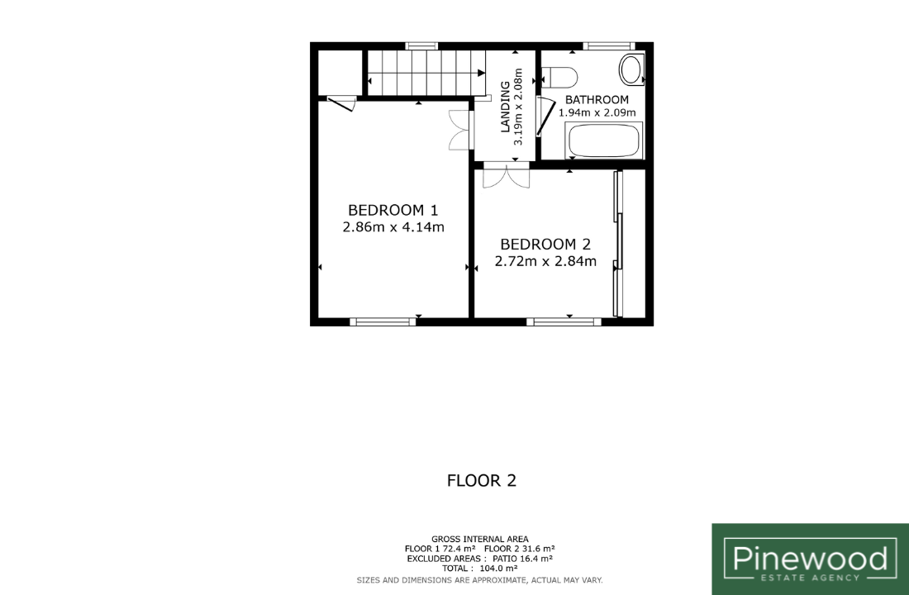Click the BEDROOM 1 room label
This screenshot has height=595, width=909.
point(393,210)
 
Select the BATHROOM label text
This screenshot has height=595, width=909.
point(597,100)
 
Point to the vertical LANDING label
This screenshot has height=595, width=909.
point(505,107)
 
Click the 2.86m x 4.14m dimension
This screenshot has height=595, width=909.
point(393,226)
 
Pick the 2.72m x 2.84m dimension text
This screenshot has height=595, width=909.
point(545,261)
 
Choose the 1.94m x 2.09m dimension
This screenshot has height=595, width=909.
point(597,112)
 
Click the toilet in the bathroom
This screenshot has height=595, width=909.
point(559,77)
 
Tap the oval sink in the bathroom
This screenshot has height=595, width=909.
point(631,69)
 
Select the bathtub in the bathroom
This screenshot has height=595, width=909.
point(603,140)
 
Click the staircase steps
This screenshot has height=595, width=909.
point(426,73)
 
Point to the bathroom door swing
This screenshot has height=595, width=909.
point(545,117)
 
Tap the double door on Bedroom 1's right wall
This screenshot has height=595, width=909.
point(461,130)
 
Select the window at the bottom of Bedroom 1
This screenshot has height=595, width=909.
point(383,321)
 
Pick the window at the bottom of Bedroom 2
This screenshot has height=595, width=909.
point(564,321)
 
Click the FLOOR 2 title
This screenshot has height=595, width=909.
point(481,481)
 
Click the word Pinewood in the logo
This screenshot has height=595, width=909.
point(810,559)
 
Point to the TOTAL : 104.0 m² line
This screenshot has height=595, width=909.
point(479,569)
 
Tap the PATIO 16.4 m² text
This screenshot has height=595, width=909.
point(522,559)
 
